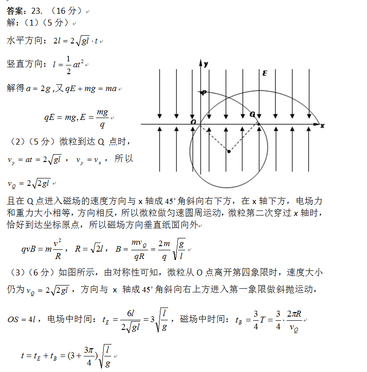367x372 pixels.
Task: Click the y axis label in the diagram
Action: click(x=206, y=65)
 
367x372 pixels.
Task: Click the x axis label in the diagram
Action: click(x=322, y=125)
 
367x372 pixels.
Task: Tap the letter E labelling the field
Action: click(x=265, y=73)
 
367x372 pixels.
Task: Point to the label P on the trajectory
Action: click(x=204, y=92)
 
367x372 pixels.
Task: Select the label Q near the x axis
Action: click(x=252, y=114)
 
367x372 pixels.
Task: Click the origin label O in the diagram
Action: click(x=194, y=122)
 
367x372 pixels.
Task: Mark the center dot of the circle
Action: click(x=229, y=151)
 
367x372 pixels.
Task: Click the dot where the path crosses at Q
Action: click(x=259, y=124)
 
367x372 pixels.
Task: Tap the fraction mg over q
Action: click(x=102, y=118)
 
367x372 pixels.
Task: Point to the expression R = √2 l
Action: click(x=90, y=249)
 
